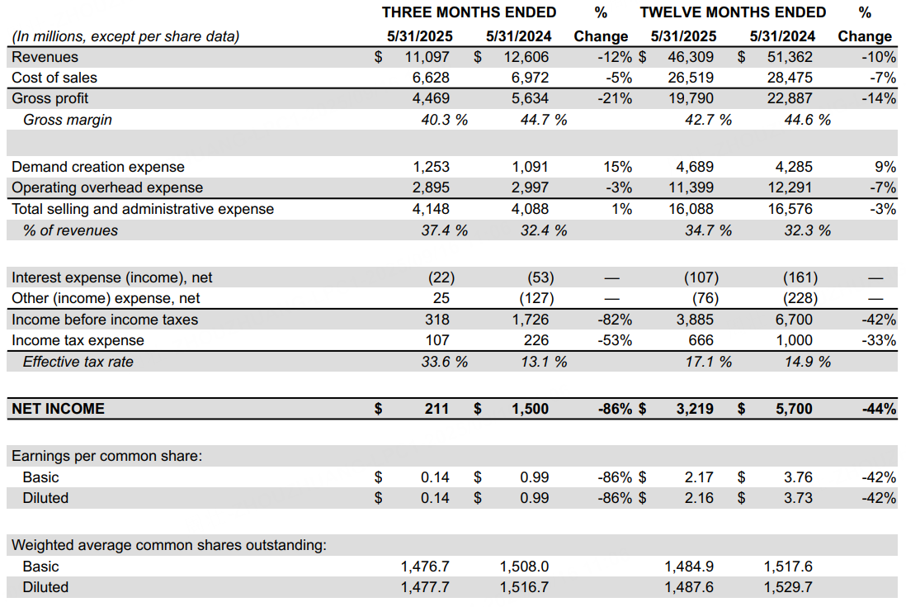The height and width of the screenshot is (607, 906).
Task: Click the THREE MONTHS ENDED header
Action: [x=469, y=12]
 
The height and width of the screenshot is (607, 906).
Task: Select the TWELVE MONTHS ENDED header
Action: [x=733, y=12]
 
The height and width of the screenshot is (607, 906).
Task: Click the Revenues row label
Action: [x=45, y=57]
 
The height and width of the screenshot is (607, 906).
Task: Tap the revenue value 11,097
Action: [x=427, y=57]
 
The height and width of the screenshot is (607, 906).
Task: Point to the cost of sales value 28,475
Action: [x=790, y=78]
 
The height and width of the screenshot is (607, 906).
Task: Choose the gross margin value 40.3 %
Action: [x=444, y=120]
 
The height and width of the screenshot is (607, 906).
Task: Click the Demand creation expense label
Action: [x=98, y=167]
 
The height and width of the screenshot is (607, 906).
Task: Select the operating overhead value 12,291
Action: [x=790, y=188]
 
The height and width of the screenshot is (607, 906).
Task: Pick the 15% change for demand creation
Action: [x=617, y=167]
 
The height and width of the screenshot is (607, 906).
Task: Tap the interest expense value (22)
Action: [x=441, y=277]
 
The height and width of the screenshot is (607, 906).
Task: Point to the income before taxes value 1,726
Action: [x=530, y=320]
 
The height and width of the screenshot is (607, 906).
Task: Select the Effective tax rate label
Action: [x=78, y=362]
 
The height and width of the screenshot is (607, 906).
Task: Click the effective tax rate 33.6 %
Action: [x=444, y=362]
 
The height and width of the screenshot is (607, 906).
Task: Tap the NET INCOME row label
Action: [x=58, y=409]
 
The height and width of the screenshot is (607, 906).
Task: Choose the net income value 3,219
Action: [x=695, y=409]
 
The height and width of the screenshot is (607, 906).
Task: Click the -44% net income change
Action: [x=879, y=409]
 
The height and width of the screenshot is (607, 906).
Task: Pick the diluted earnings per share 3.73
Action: [x=798, y=498]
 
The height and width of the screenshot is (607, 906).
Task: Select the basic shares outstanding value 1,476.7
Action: [x=425, y=567]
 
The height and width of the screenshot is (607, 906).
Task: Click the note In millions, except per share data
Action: [x=125, y=36]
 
